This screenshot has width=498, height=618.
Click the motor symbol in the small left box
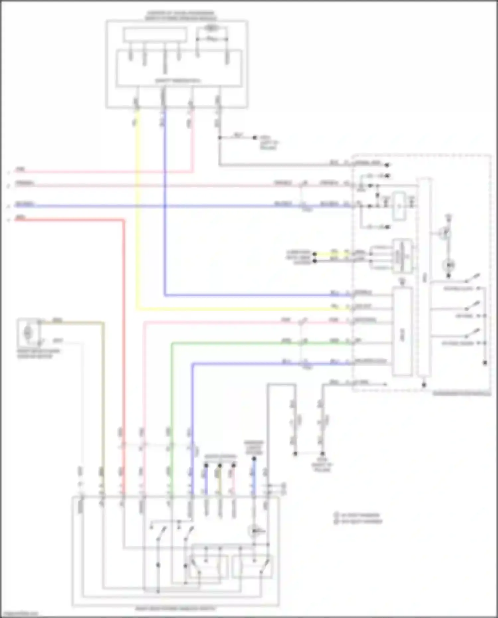28,332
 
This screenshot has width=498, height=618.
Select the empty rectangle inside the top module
154,35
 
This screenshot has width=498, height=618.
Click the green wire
172,398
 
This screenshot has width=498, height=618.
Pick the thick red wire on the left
124,332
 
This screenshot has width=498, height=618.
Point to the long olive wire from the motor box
103,398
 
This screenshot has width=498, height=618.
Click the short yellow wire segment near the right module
332,254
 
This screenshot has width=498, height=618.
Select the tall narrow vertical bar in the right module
424,277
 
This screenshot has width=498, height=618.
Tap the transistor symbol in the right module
445,233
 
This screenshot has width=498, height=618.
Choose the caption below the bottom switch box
176,609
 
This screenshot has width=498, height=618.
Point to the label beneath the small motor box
39,353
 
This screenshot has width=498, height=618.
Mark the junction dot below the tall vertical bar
424,385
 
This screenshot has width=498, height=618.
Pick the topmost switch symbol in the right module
472,278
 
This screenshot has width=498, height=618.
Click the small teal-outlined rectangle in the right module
399,206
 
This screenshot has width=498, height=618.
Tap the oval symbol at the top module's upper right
210,29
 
